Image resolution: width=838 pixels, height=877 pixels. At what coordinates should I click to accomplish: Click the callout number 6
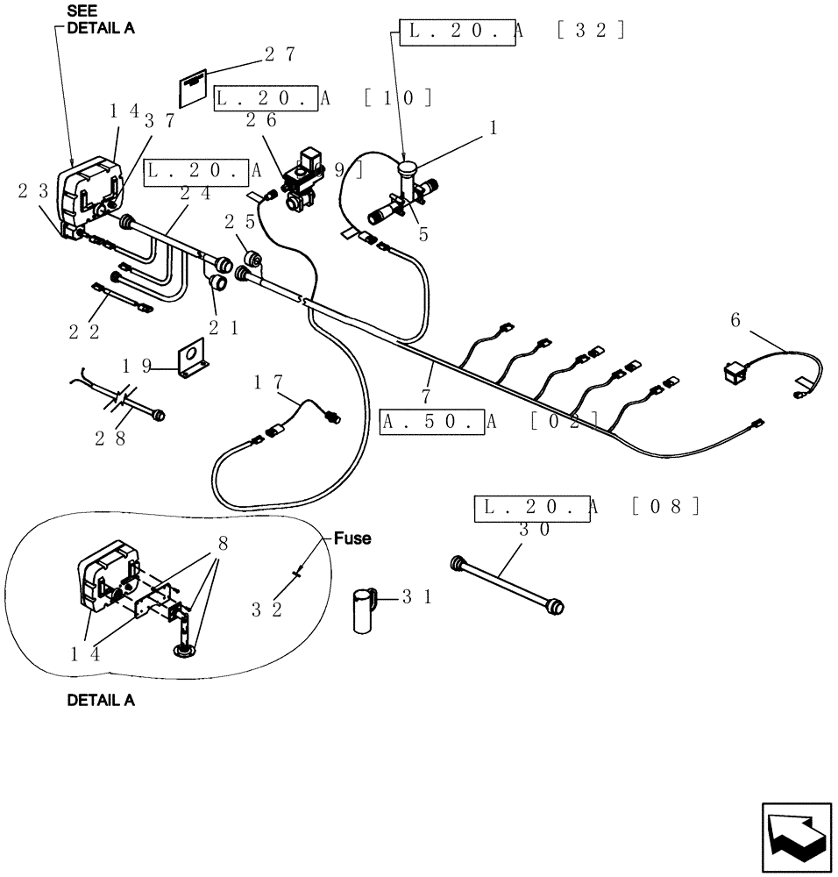(735, 321)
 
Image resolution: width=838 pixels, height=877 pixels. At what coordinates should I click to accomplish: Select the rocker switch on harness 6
(736, 374)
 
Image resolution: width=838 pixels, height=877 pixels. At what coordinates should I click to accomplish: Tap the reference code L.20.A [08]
(587, 507)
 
